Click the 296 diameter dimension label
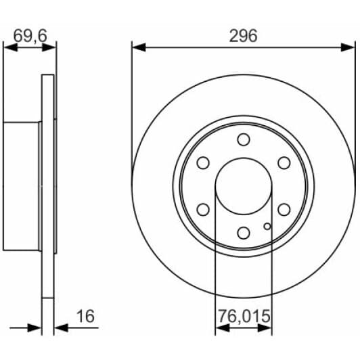(x=244, y=36)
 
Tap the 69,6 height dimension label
(x=30, y=36)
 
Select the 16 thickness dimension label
(x=85, y=316)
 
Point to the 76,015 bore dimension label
(x=244, y=316)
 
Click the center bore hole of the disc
(x=244, y=186)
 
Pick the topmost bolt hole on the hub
(x=244, y=139)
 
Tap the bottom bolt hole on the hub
(x=244, y=233)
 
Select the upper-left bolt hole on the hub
(x=203, y=163)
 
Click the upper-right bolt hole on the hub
(x=284, y=163)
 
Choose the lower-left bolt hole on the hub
(x=203, y=209)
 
